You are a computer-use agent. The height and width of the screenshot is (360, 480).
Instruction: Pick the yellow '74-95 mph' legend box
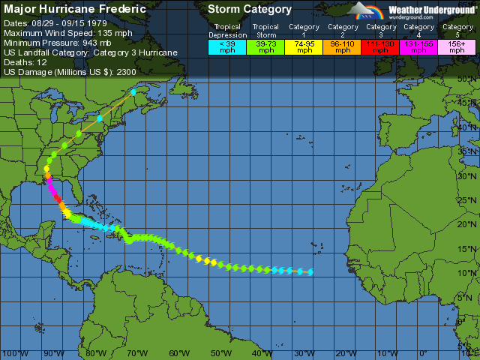point(304,46)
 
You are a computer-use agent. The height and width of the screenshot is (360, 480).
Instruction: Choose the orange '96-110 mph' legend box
point(343,46)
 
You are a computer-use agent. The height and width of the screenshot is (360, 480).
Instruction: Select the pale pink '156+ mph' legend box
point(457,46)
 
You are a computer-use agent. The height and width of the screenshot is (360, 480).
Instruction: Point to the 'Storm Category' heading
point(249,10)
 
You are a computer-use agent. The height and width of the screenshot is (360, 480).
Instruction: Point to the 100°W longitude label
point(13,353)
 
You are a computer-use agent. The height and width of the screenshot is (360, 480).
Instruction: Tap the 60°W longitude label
point(178,353)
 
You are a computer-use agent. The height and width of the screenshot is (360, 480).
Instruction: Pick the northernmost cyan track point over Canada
point(133,92)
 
